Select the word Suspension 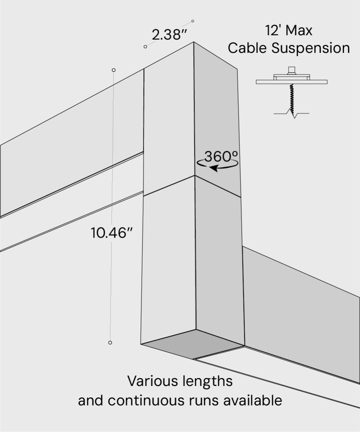(311, 48)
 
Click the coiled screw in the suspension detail (291, 97)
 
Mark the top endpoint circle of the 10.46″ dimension (114, 70)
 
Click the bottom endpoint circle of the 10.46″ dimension (110, 343)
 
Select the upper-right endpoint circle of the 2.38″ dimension (193, 21)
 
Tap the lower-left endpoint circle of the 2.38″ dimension (145, 47)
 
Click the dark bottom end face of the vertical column (192, 344)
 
